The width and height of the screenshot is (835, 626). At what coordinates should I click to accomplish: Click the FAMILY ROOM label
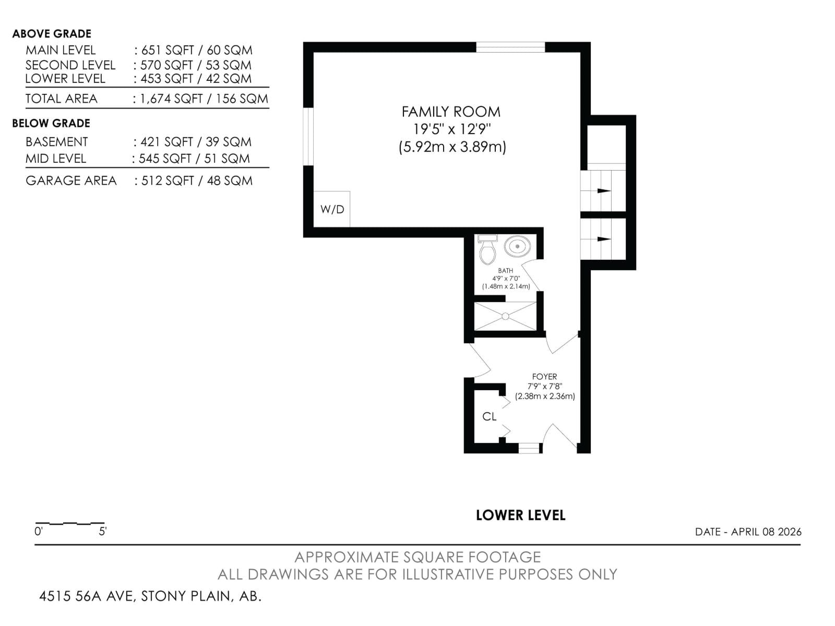click(x=451, y=112)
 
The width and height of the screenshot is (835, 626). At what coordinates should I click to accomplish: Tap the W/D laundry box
click(x=332, y=209)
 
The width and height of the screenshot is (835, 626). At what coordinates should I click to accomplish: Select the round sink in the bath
click(x=517, y=246)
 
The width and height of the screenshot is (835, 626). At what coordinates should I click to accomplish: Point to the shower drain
click(x=505, y=316)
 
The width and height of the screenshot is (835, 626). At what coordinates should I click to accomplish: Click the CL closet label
click(x=490, y=416)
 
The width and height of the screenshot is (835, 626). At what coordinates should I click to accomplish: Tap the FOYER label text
click(x=544, y=376)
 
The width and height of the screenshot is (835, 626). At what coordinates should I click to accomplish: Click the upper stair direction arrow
click(x=604, y=191)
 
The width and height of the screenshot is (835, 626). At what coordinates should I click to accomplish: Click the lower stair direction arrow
click(x=604, y=239)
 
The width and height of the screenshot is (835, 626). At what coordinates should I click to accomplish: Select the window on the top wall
click(x=510, y=47)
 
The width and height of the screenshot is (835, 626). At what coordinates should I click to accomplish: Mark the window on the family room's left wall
click(x=308, y=137)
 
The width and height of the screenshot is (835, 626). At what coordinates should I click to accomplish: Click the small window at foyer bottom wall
click(x=529, y=448)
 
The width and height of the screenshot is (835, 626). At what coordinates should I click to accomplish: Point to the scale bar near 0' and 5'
click(x=70, y=523)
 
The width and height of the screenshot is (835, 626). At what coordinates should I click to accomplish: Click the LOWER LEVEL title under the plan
click(x=520, y=515)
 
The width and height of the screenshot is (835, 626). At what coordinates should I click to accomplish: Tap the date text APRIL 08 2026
click(x=766, y=532)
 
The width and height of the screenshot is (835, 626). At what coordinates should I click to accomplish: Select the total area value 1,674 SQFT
click(x=171, y=99)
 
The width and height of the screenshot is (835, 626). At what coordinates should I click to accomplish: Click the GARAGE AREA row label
click(x=71, y=180)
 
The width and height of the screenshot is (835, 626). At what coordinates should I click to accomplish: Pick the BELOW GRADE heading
click(x=51, y=123)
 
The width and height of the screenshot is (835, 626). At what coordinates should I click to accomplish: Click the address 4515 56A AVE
click(x=87, y=596)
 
